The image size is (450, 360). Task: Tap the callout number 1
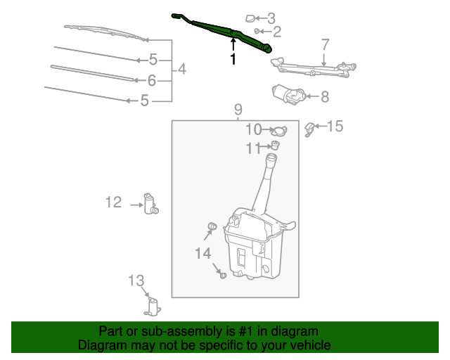point(233,60)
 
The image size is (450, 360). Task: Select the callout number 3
point(271,18)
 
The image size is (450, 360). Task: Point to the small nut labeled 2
point(258,31)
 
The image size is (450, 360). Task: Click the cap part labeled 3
point(250,18)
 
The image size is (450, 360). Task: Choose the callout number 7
point(325,44)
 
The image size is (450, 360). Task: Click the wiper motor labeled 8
point(287,94)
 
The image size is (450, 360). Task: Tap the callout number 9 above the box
point(238,109)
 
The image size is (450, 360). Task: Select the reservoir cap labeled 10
point(280,130)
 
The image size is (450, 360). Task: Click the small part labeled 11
point(276,146)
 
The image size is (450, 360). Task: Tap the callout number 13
point(136,281)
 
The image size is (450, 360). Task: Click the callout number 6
point(151,80)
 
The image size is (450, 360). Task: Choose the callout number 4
point(181,70)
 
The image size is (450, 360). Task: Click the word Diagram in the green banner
point(102,345)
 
